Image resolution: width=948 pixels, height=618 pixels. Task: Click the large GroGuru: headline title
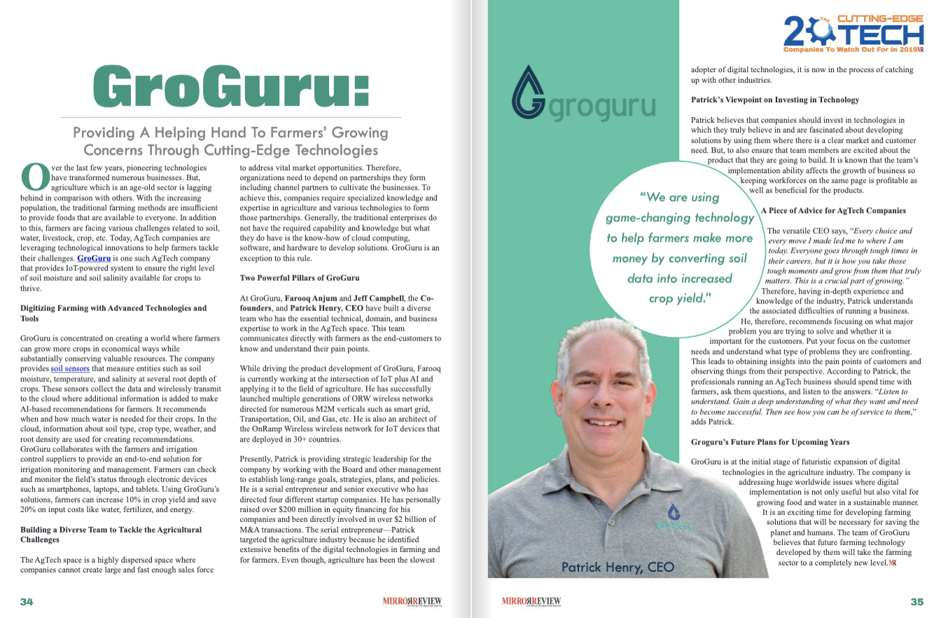click(231, 88)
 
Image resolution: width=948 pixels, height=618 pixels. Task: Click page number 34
click(27, 601)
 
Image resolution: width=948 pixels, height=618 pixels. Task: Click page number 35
click(916, 601)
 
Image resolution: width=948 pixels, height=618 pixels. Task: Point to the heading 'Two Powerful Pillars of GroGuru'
click(300, 277)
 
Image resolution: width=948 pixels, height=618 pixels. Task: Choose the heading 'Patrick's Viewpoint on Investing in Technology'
click(775, 99)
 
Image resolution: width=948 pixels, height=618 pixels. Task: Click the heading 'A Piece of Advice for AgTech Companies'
click(833, 210)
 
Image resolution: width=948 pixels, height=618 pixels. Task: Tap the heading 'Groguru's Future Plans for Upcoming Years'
click(770, 442)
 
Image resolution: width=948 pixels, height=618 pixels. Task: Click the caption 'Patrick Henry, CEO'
click(618, 567)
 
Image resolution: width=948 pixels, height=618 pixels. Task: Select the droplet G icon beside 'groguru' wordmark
click(529, 95)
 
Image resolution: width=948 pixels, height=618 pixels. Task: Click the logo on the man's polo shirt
click(674, 517)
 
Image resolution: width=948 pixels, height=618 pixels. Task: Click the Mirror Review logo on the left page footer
click(412, 601)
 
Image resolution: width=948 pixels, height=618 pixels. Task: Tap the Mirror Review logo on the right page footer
click(531, 601)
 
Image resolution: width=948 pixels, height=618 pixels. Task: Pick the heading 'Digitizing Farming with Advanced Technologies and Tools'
click(113, 313)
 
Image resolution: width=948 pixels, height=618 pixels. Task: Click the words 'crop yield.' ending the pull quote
click(679, 297)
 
